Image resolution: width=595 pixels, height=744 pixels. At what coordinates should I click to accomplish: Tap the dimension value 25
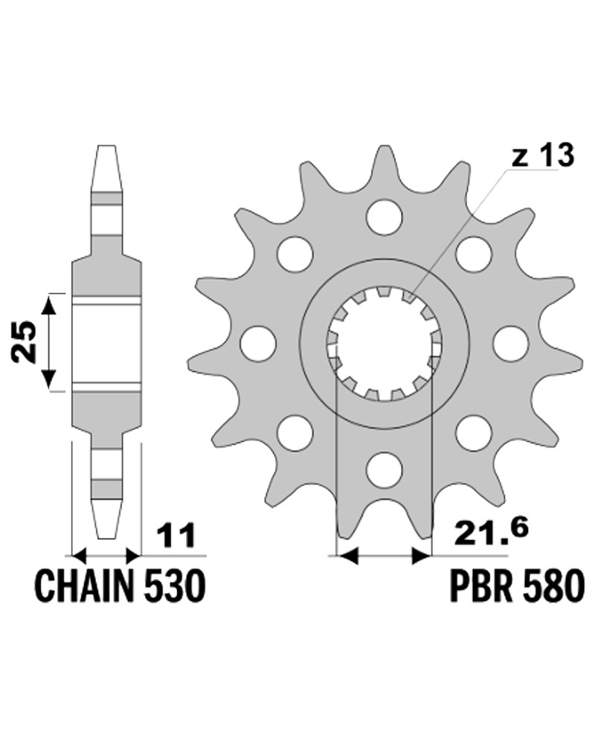coord(25,342)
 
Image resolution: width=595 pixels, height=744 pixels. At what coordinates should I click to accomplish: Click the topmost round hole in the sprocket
coord(385,217)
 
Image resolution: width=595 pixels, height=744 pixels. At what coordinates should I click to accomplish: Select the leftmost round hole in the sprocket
coord(258,343)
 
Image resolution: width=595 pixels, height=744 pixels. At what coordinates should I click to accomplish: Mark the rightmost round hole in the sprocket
coord(510,343)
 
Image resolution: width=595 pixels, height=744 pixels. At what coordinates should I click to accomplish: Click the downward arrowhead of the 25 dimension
coord(49,379)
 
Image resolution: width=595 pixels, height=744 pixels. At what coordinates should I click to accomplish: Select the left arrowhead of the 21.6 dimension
coord(347,555)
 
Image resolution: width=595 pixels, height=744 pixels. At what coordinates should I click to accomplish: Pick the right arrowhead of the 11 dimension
coord(133,555)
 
